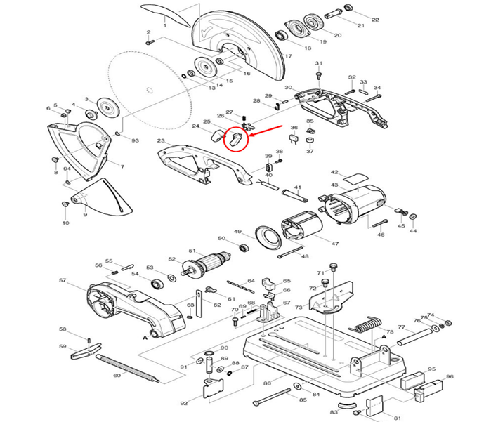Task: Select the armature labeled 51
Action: [209, 265]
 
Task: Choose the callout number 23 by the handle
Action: [161, 141]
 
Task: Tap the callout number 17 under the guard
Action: [287, 55]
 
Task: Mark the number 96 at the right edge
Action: [450, 376]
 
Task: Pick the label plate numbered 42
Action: [355, 176]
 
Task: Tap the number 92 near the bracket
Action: [183, 403]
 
